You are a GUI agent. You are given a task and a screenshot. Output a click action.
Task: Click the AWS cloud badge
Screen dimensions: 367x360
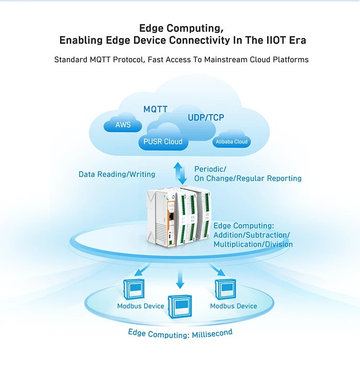[x=123, y=125]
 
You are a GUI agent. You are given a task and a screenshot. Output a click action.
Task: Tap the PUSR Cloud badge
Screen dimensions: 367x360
[x=163, y=142]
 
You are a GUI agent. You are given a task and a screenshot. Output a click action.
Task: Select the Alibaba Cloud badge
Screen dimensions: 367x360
[x=231, y=142]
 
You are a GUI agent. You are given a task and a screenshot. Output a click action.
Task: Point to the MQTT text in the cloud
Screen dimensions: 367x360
[x=156, y=109]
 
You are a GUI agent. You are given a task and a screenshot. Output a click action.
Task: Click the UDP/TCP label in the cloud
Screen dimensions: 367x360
[x=205, y=118]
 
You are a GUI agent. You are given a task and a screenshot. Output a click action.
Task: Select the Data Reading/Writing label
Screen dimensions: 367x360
[x=117, y=174]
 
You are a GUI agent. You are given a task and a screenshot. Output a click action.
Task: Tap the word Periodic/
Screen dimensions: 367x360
[x=210, y=169]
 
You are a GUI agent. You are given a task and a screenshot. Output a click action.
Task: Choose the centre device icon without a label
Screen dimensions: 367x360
[x=180, y=306]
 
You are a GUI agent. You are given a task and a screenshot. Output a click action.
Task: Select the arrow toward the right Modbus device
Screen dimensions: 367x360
[x=217, y=269]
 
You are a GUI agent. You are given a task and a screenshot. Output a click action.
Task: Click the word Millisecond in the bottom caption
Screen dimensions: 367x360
[x=211, y=333]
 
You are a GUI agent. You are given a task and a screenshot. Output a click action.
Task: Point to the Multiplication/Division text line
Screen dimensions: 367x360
[x=252, y=244]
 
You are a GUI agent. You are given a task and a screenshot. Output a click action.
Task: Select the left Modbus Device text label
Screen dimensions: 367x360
[x=141, y=306]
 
